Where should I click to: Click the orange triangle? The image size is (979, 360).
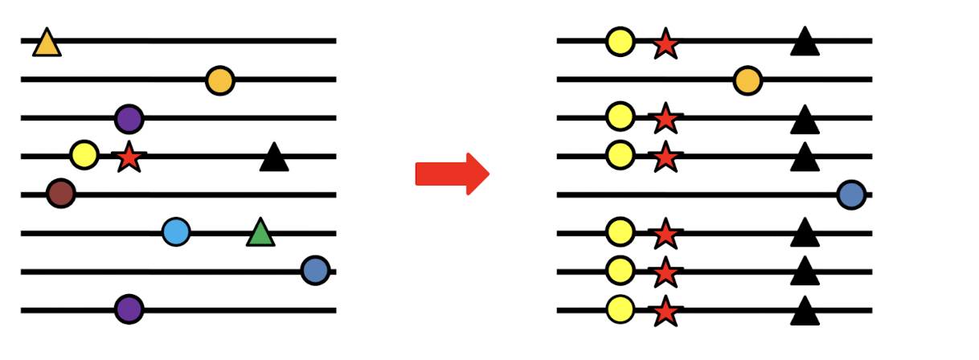pyautogui.click(x=47, y=44)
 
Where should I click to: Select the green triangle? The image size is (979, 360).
pyautogui.click(x=260, y=234)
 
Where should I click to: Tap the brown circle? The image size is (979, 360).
pyautogui.click(x=61, y=194)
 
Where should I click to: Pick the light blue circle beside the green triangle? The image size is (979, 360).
pyautogui.click(x=176, y=232)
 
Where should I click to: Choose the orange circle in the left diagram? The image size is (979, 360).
pyautogui.click(x=219, y=80)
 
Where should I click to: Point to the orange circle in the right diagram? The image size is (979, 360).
pyautogui.click(x=748, y=80)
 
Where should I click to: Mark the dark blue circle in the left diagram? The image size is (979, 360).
pyautogui.click(x=315, y=271)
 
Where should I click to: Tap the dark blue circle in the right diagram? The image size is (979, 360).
pyautogui.click(x=850, y=194)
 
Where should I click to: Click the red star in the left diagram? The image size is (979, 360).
pyautogui.click(x=129, y=156)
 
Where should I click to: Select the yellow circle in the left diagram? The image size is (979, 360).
pyautogui.click(x=84, y=154)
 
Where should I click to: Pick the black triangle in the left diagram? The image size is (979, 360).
pyautogui.click(x=274, y=157)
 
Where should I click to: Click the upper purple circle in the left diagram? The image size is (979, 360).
pyautogui.click(x=129, y=119)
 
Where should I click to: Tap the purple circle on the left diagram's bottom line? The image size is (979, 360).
pyautogui.click(x=129, y=309)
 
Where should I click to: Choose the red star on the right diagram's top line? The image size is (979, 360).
pyautogui.click(x=666, y=43)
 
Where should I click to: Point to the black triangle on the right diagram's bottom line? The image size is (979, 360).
pyautogui.click(x=805, y=312)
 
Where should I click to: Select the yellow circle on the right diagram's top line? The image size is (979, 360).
pyautogui.click(x=620, y=41)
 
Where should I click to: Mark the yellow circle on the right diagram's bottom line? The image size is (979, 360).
pyautogui.click(x=620, y=309)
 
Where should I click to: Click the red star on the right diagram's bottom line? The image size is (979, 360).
pyautogui.click(x=666, y=311)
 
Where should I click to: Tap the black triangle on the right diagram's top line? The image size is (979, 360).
pyautogui.click(x=805, y=43)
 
